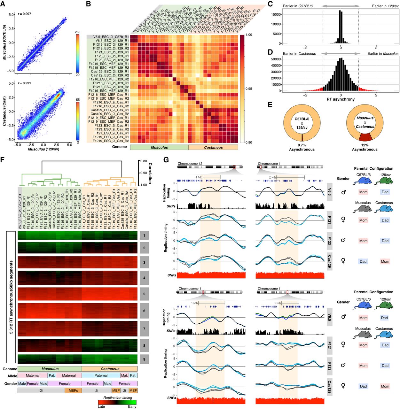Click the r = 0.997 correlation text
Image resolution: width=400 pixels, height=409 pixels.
24,14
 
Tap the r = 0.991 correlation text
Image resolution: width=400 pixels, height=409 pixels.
24,83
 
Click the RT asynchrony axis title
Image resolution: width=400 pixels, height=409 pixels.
341,99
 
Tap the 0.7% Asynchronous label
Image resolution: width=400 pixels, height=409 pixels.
302,147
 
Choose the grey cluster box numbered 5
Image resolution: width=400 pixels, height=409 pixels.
144,294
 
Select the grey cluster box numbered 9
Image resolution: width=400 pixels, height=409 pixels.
144,359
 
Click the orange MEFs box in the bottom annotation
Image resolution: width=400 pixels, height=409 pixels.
73,390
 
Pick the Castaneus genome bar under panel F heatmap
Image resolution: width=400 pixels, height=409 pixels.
110,369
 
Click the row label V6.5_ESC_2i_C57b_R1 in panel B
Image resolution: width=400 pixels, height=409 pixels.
111,37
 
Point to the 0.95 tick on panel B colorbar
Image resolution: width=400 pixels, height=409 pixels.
248,89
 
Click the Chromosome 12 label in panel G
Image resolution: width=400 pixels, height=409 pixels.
190,164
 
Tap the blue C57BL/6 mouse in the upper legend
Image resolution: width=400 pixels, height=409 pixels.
363,182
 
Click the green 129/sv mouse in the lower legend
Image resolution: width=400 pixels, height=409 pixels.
385,306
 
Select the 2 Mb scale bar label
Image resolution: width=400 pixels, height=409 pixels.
272,177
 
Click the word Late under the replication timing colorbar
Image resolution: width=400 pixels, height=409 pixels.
101,406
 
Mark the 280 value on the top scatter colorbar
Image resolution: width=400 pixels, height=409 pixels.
77,32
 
